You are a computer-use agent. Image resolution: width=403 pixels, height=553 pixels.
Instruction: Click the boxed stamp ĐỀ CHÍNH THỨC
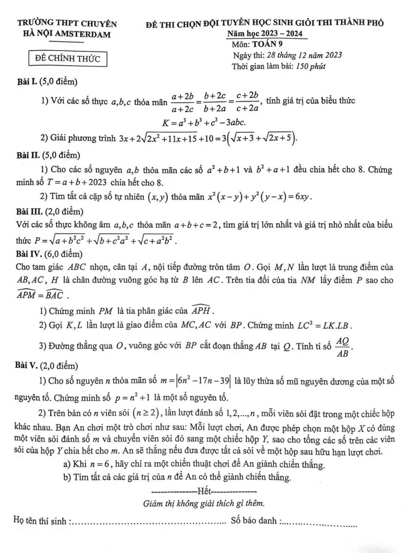point(68,58)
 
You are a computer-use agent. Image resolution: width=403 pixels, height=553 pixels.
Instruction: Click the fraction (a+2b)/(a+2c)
point(183,102)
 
